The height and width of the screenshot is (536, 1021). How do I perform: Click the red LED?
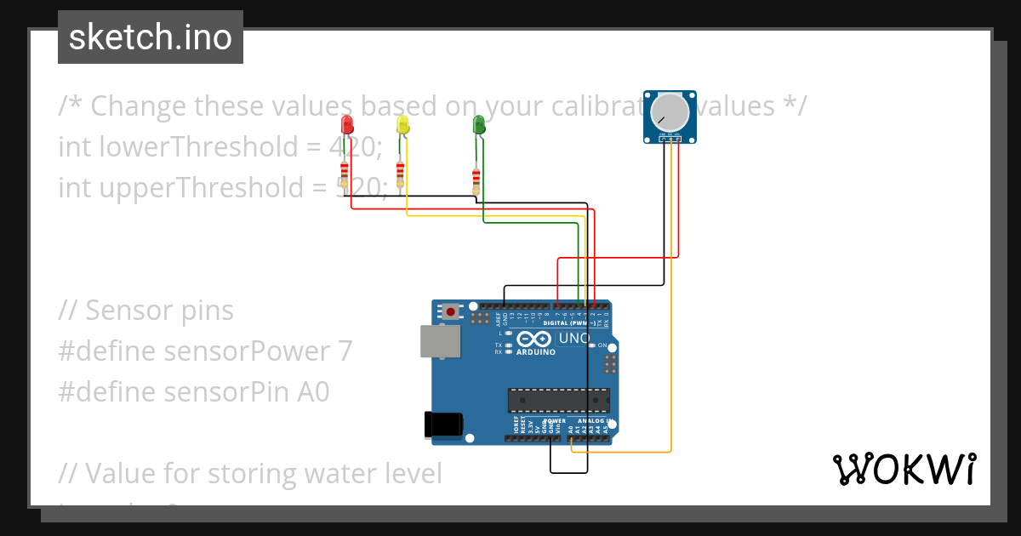[346, 125]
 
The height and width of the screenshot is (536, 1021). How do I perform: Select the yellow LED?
[402, 125]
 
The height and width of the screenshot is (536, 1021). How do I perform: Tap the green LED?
[479, 125]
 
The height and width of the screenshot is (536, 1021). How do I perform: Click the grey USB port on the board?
[440, 341]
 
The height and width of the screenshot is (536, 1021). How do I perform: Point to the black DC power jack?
[443, 425]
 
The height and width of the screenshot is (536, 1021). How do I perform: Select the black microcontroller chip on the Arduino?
[559, 399]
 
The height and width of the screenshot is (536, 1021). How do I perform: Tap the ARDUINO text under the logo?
[535, 351]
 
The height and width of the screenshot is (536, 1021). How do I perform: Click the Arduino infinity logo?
[536, 338]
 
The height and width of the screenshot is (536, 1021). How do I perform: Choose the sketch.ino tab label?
[151, 38]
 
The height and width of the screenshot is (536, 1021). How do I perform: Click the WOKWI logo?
[904, 469]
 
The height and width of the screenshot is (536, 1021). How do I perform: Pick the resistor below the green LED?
[476, 180]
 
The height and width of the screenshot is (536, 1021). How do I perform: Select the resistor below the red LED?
[344, 175]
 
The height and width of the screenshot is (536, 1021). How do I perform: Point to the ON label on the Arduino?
[602, 345]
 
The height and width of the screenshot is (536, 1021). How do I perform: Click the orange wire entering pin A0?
[571, 443]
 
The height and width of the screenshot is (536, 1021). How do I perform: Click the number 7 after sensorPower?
[344, 351]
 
